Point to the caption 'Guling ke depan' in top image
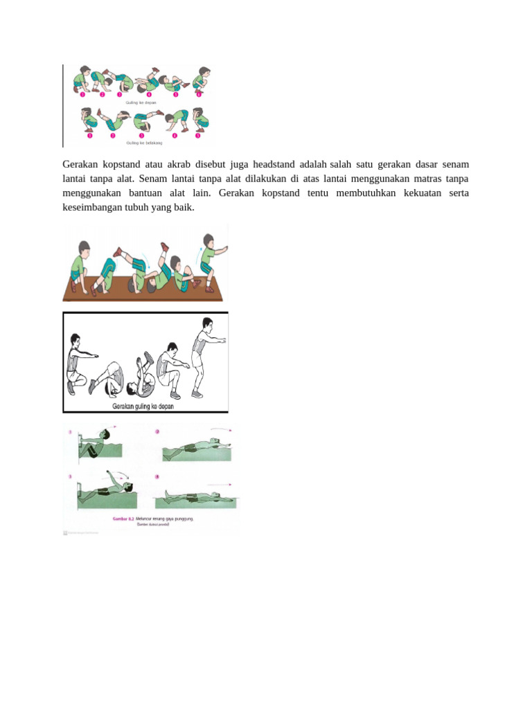pyautogui.click(x=141, y=102)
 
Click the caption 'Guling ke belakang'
pyautogui.click(x=141, y=143)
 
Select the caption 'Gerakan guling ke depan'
pyautogui.click(x=143, y=406)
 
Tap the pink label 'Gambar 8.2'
pyautogui.click(x=123, y=518)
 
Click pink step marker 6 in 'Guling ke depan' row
pyautogui.click(x=199, y=95)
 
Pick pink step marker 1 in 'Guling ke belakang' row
pyautogui.click(x=89, y=136)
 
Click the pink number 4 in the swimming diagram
pyautogui.click(x=157, y=476)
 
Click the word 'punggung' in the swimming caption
pyautogui.click(x=182, y=518)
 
